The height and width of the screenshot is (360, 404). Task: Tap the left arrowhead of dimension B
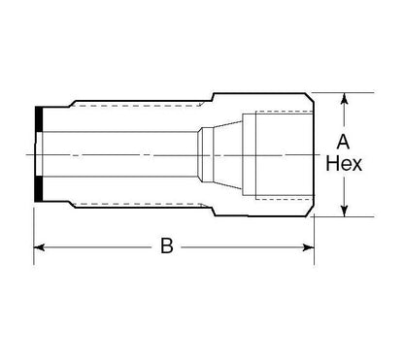click(x=40, y=248)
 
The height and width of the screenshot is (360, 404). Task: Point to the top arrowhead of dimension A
click(x=345, y=98)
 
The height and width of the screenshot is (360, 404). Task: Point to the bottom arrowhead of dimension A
click(x=345, y=213)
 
